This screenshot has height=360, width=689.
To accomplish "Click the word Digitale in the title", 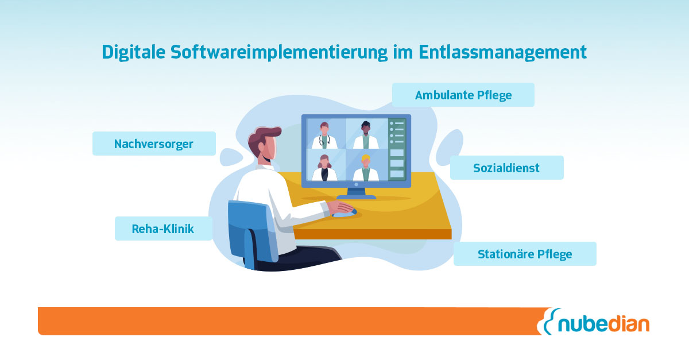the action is tap(133, 52).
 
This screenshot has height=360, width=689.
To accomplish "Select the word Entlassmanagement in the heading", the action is tap(502, 52).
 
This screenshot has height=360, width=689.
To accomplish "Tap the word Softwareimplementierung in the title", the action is tap(279, 52).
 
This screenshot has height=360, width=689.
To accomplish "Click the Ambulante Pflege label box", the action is tap(463, 95).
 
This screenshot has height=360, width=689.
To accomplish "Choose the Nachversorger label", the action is tap(154, 144).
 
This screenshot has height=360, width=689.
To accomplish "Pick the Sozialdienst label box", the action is tap(506, 168).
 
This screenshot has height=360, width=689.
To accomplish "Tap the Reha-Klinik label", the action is tap(163, 229).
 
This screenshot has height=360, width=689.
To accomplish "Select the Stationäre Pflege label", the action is tap(525, 254).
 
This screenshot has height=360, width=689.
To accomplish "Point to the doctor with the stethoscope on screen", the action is tap(324, 136).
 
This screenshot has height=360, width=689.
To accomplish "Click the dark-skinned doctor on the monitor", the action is tap(366, 136).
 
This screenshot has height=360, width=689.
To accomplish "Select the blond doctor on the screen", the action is tap(366, 168).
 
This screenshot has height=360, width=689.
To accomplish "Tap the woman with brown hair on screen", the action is tap(324, 168).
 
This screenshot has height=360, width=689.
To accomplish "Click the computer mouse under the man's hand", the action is tap(345, 213).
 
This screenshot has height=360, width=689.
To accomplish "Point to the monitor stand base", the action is tap(356, 197).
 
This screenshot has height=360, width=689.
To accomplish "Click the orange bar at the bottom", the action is tap(292, 321).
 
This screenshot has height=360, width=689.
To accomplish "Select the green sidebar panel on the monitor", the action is tap(397, 149).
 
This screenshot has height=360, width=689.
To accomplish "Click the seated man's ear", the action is tap(261, 147).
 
